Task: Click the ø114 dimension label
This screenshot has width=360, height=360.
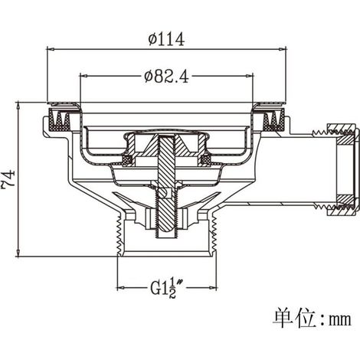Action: point(166,40)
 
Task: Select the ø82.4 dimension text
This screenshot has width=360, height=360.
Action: point(166,76)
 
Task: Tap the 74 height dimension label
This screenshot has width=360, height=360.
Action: point(9,178)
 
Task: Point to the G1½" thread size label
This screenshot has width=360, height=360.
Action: point(166,289)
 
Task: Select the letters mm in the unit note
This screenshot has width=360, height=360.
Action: point(340,319)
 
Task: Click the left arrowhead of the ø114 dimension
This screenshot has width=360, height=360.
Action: point(51,49)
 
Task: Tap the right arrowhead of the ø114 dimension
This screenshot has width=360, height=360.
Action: point(282,49)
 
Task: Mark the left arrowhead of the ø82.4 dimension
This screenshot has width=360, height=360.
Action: point(84,76)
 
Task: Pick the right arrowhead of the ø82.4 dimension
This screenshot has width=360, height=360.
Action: point(249,76)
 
